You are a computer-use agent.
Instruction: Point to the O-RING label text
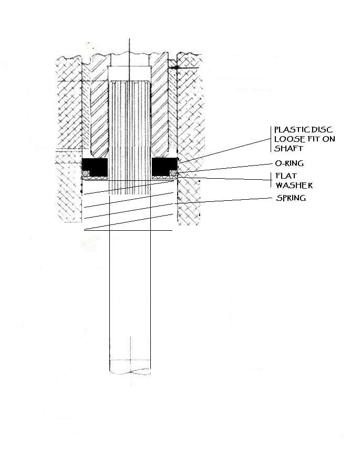(290, 163)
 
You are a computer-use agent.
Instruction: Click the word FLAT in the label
(286, 176)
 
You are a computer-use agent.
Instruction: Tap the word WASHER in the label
(294, 185)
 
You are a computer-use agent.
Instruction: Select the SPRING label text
(291, 198)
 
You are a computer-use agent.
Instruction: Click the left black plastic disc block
(95, 166)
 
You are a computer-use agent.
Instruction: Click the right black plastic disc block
(164, 166)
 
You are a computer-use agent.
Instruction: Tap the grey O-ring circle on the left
(86, 173)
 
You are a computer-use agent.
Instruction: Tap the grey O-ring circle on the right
(173, 173)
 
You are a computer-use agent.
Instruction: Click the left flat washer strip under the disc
(95, 178)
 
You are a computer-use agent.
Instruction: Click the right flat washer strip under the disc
(164, 178)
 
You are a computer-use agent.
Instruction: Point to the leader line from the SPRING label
(225, 201)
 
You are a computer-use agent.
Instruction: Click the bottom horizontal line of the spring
(128, 230)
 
